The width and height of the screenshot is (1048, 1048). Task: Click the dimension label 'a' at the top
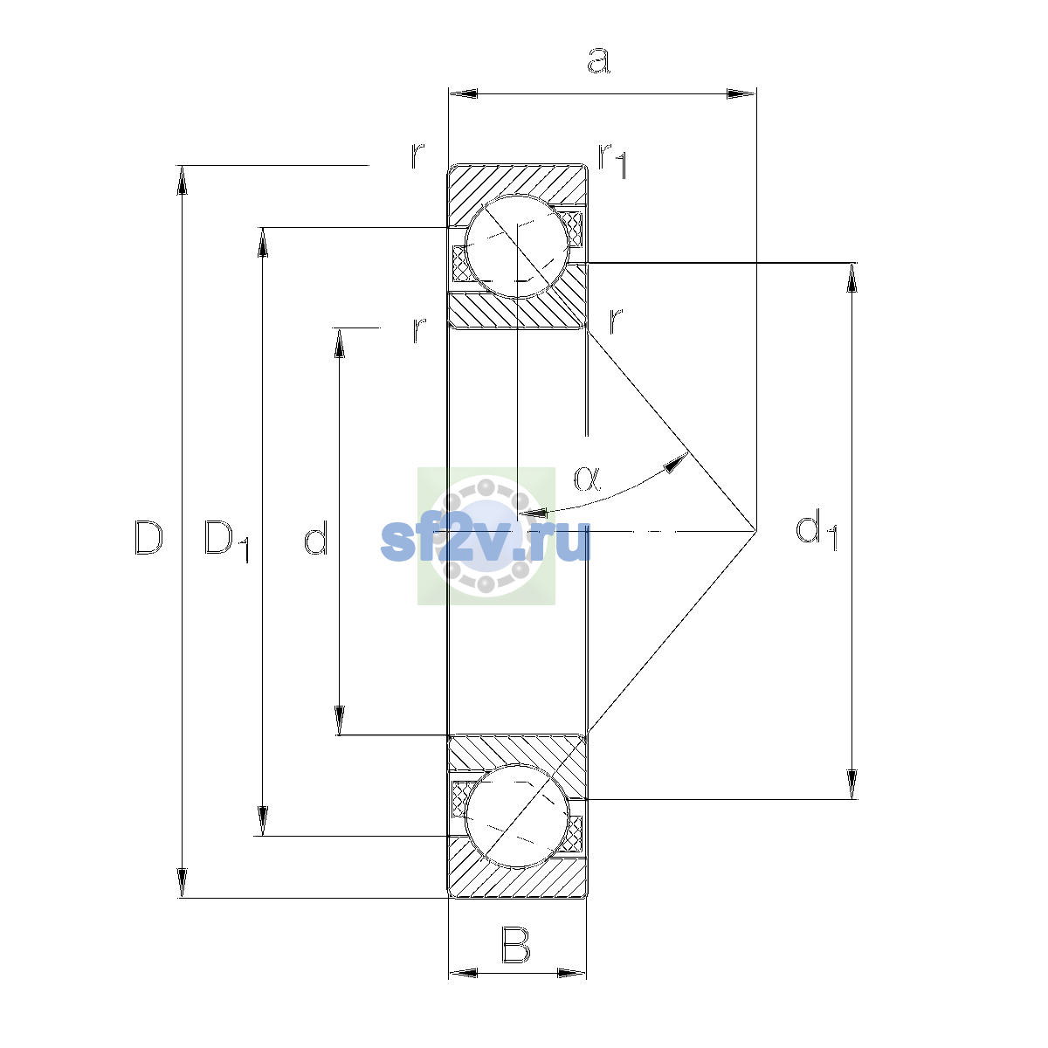598,60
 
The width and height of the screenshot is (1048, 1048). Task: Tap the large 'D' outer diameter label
148,537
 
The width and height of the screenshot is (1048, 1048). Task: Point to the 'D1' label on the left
226,541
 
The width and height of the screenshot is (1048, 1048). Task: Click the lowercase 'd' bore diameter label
315,537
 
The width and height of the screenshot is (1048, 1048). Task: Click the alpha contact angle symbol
588,478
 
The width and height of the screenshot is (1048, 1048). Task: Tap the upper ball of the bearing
517,245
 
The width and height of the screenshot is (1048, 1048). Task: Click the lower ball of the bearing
517,815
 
